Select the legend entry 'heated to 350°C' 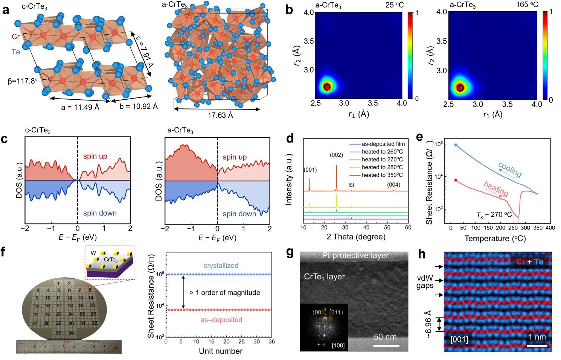point(382,175)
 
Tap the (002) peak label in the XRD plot point(336,155)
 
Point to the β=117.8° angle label point(23,81)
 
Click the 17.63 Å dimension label point(220,115)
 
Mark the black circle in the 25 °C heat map point(327,87)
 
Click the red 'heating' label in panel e point(496,188)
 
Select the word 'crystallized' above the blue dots point(221,266)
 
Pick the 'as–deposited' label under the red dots point(221,320)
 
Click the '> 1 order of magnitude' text point(225,293)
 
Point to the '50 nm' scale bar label point(385,337)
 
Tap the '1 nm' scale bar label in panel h point(536,337)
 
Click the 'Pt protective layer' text point(355,256)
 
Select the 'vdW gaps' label point(425,282)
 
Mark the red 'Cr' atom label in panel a point(15,36)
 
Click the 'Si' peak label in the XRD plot point(351,185)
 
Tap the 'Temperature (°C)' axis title point(495,238)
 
